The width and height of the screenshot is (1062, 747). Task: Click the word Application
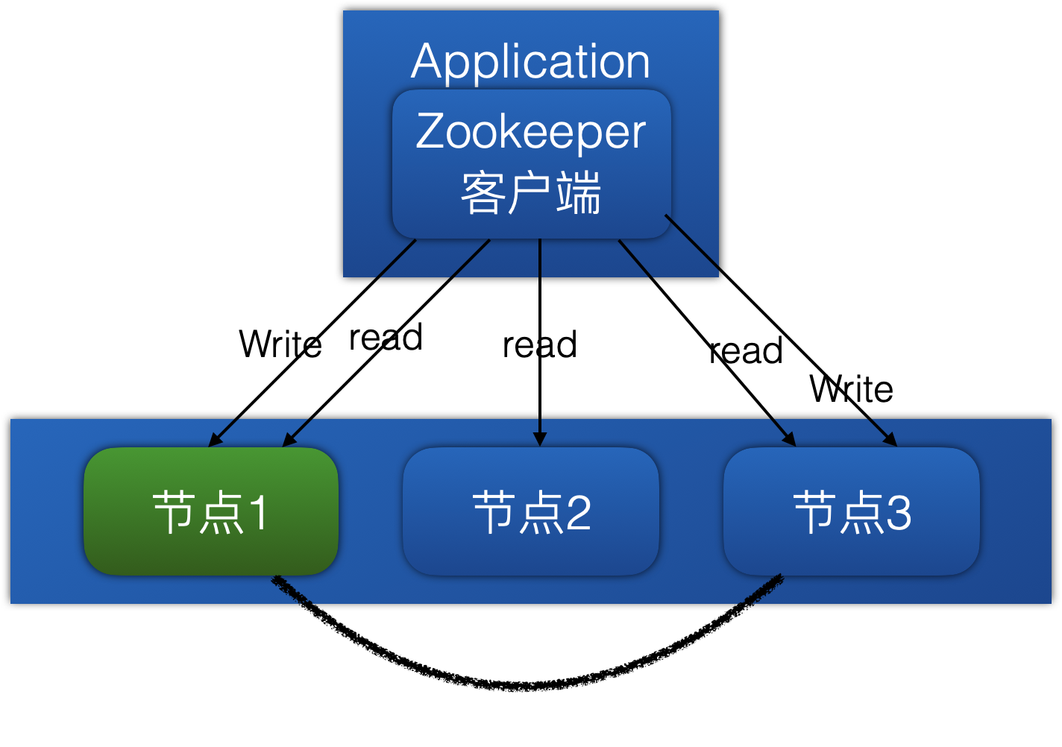[530, 61]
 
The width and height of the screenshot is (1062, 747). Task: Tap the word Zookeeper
[530, 132]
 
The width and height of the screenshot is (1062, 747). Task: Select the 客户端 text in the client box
[530, 193]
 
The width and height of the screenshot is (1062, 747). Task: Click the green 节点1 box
[211, 511]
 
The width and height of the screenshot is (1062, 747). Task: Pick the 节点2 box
[530, 511]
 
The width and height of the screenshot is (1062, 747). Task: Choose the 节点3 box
[851, 511]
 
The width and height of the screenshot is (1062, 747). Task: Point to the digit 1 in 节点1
[257, 513]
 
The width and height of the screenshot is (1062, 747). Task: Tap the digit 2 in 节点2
[578, 513]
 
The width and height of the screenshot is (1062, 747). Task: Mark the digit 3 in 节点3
[899, 513]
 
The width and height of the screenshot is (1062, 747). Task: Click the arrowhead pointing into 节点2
[540, 441]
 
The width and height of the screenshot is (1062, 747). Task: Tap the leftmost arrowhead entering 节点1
[214, 442]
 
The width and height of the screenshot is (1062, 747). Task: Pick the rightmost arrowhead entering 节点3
[891, 441]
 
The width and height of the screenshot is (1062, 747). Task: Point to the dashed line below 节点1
[292, 590]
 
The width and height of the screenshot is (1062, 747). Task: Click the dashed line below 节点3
[761, 589]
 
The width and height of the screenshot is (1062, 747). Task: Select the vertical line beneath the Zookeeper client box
[540, 257]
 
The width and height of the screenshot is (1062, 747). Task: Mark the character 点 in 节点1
[221, 513]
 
